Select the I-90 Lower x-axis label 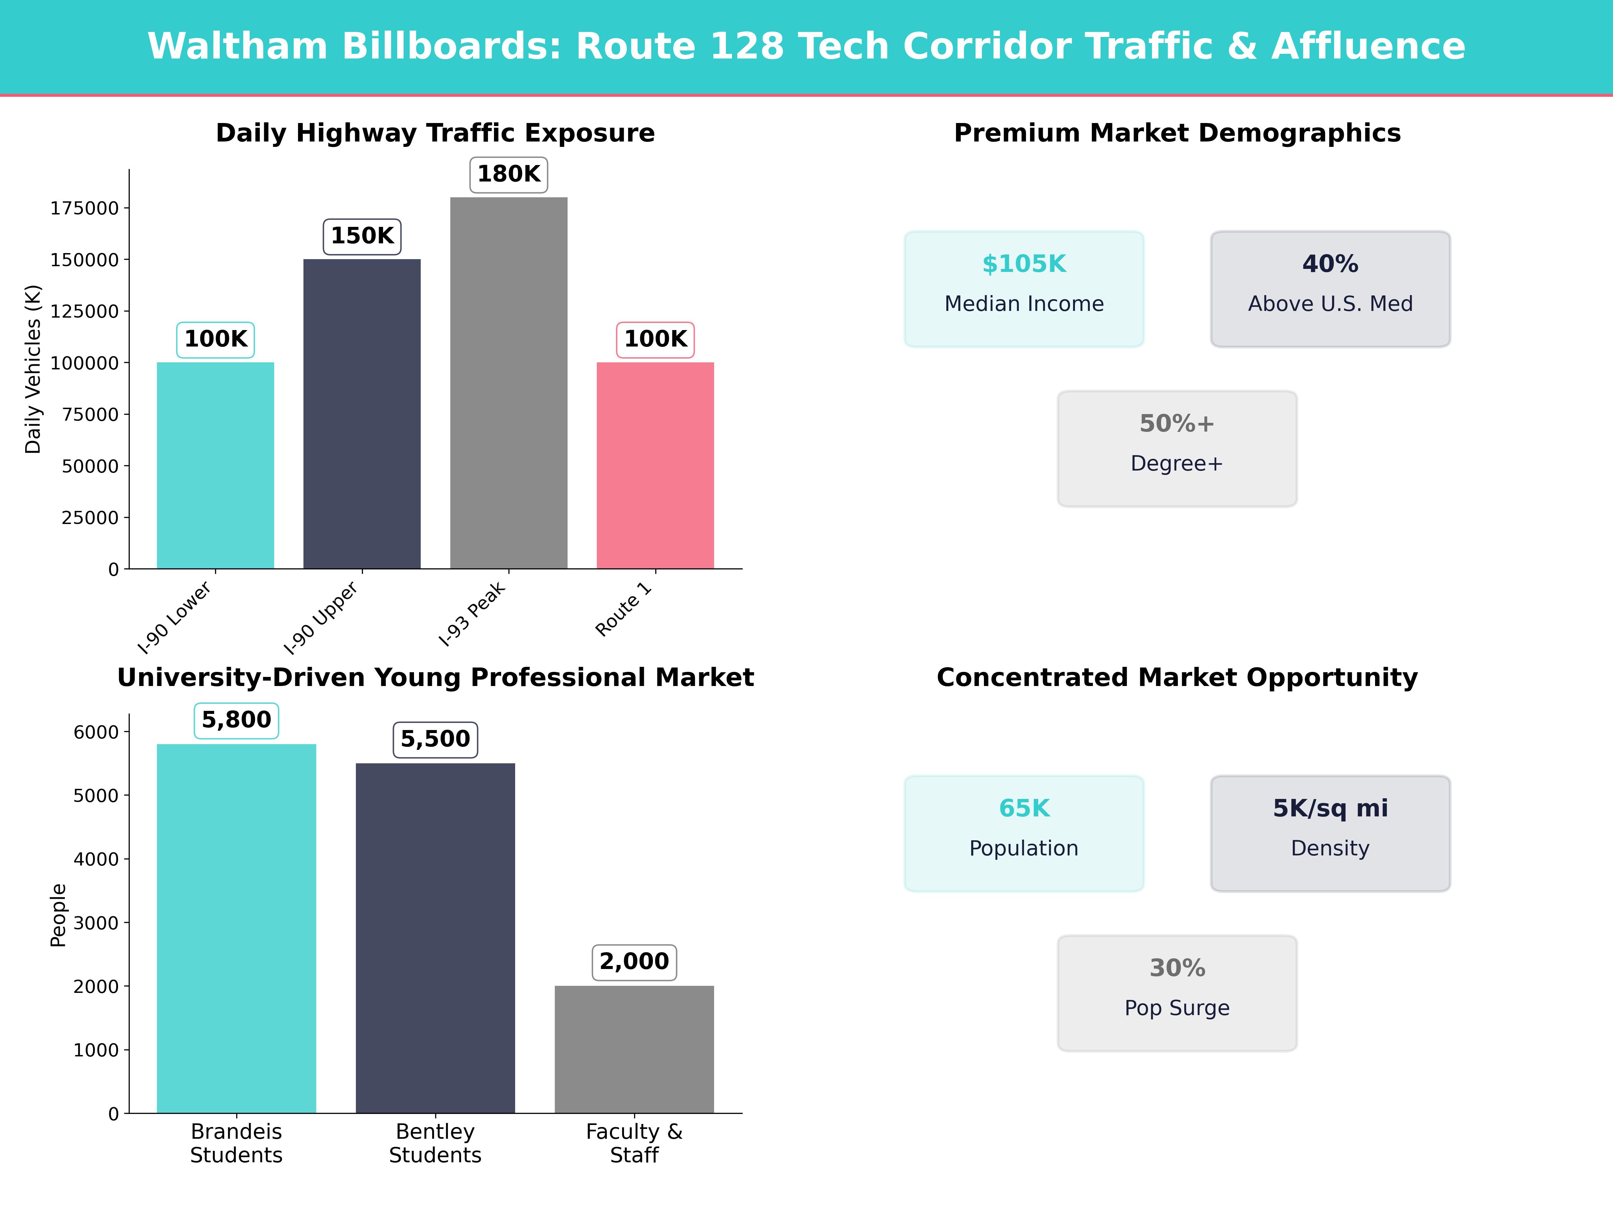point(175,617)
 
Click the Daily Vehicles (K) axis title point(33,369)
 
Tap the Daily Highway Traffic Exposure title point(435,133)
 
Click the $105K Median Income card point(1024,289)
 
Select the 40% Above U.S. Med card point(1330,289)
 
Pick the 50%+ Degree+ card point(1177,449)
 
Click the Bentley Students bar point(435,938)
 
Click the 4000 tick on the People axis point(95,859)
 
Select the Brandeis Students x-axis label point(236,1143)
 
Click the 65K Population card point(1024,833)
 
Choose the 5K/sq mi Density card point(1330,833)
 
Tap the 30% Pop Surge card point(1177,993)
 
